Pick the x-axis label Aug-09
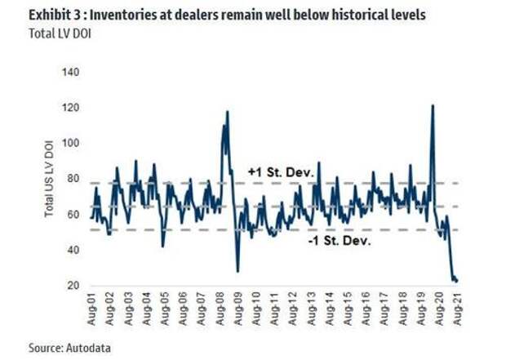[x=236, y=310]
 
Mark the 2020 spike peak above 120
[x=432, y=105]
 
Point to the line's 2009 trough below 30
[x=237, y=271]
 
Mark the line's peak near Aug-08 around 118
[x=227, y=112]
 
